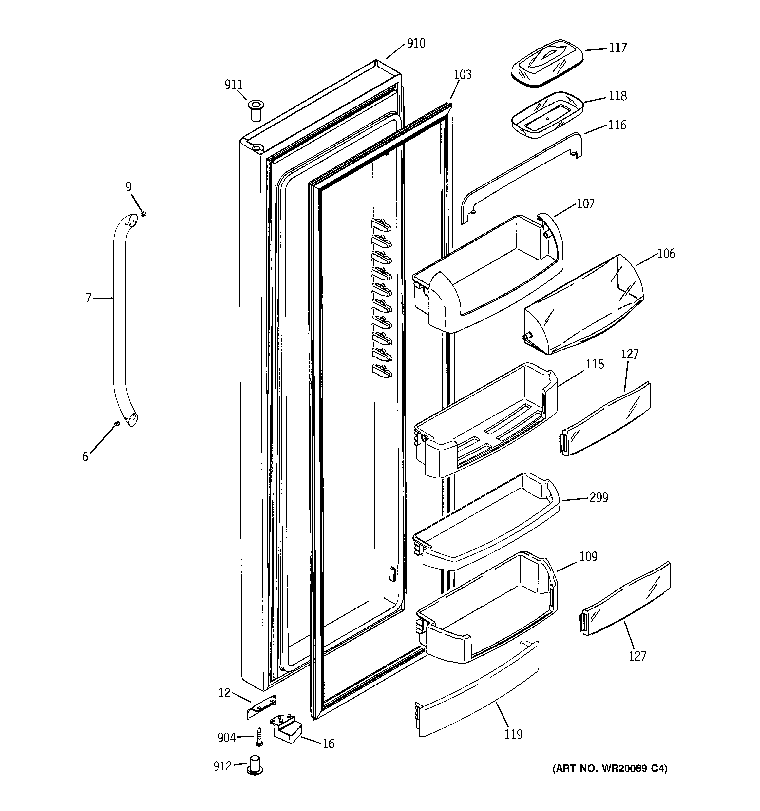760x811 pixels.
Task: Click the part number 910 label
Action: pos(416,43)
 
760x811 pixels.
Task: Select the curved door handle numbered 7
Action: pos(120,318)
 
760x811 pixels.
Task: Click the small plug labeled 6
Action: pos(117,424)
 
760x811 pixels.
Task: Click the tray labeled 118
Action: pos(547,115)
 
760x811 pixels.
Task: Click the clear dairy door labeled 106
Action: pos(583,306)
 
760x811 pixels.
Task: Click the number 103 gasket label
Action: pos(462,75)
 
